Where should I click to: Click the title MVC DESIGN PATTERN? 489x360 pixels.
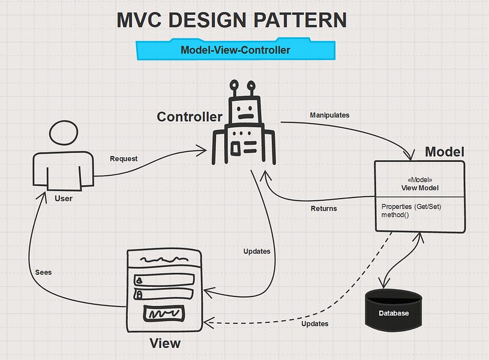pos(231,20)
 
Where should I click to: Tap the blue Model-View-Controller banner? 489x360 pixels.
pos(235,50)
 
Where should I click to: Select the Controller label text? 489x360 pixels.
pos(190,117)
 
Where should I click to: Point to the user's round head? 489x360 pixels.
pos(63,133)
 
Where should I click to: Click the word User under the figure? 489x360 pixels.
pos(63,199)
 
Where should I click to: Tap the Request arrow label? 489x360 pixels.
pos(124,159)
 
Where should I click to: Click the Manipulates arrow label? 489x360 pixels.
pos(329,115)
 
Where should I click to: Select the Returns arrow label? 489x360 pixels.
pos(323,209)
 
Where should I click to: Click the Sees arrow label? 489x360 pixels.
pos(43,272)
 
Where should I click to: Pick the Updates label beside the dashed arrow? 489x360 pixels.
pos(315,323)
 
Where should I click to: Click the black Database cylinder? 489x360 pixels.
pos(394,310)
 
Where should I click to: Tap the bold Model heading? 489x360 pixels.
pos(444,152)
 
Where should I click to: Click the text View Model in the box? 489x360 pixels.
pos(420,188)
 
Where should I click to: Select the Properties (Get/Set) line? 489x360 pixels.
pos(415,206)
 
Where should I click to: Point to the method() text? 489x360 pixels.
pos(395,214)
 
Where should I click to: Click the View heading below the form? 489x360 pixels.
pos(164,344)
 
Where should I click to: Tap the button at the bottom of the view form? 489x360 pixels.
pos(164,314)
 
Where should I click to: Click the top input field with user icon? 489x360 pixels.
pos(164,280)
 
